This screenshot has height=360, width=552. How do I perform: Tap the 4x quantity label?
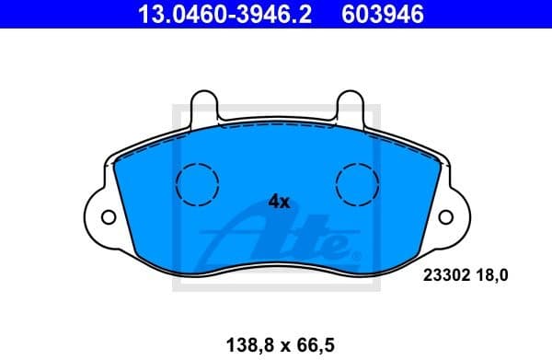tap(279, 202)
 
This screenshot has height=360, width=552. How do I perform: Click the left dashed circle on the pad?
tap(196, 183)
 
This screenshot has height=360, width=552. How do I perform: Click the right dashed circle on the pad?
tap(357, 183)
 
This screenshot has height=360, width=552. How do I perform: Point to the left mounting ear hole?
tap(108, 218)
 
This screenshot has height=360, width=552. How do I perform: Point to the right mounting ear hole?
tap(446, 218)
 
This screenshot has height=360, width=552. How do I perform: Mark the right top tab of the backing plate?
tap(351, 107)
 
